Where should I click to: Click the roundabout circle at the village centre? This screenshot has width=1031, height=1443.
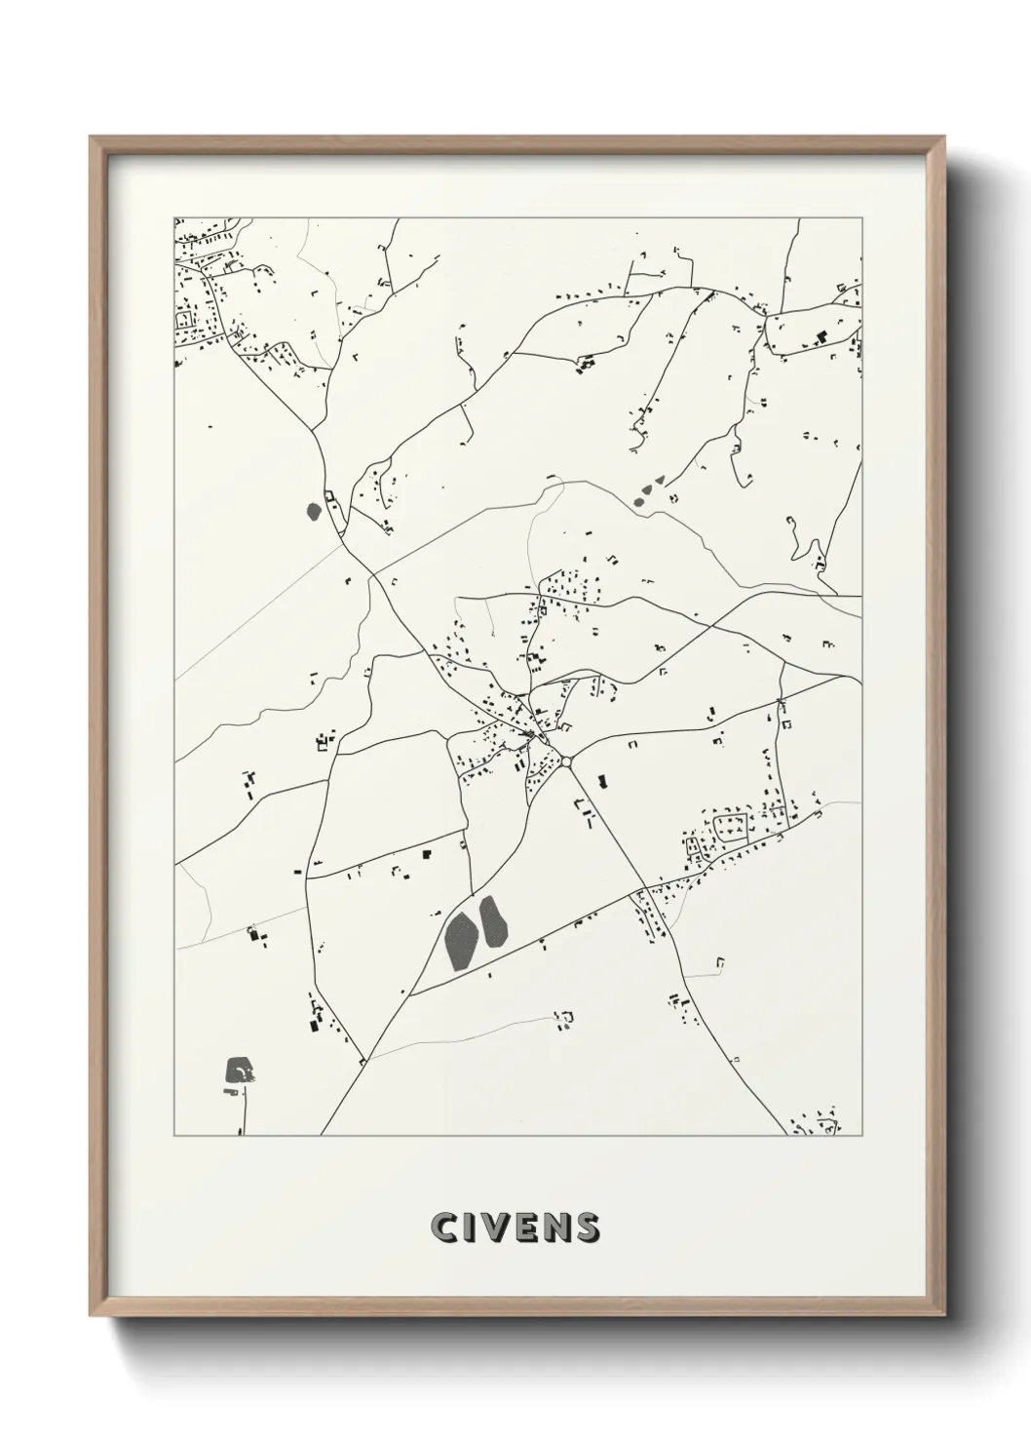point(565,761)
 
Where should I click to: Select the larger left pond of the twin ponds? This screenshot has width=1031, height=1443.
point(460,940)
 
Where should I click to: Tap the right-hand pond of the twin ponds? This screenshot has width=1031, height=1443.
point(492,921)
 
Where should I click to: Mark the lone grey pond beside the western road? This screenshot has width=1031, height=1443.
point(314,510)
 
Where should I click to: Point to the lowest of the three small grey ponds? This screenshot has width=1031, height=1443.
point(639,502)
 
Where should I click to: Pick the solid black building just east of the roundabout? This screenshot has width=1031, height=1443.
point(601,781)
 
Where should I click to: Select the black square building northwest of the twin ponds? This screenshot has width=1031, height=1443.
point(427,854)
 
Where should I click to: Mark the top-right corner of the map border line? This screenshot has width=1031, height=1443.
point(862,217)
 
